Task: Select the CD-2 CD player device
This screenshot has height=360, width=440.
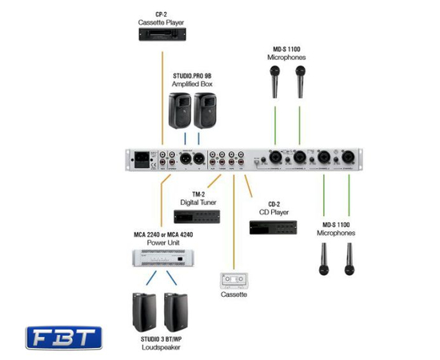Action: point(273,226)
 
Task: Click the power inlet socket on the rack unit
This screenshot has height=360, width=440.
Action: point(146,159)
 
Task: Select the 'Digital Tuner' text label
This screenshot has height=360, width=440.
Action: point(197,202)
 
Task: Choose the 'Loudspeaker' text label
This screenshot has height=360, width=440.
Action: point(163,348)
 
